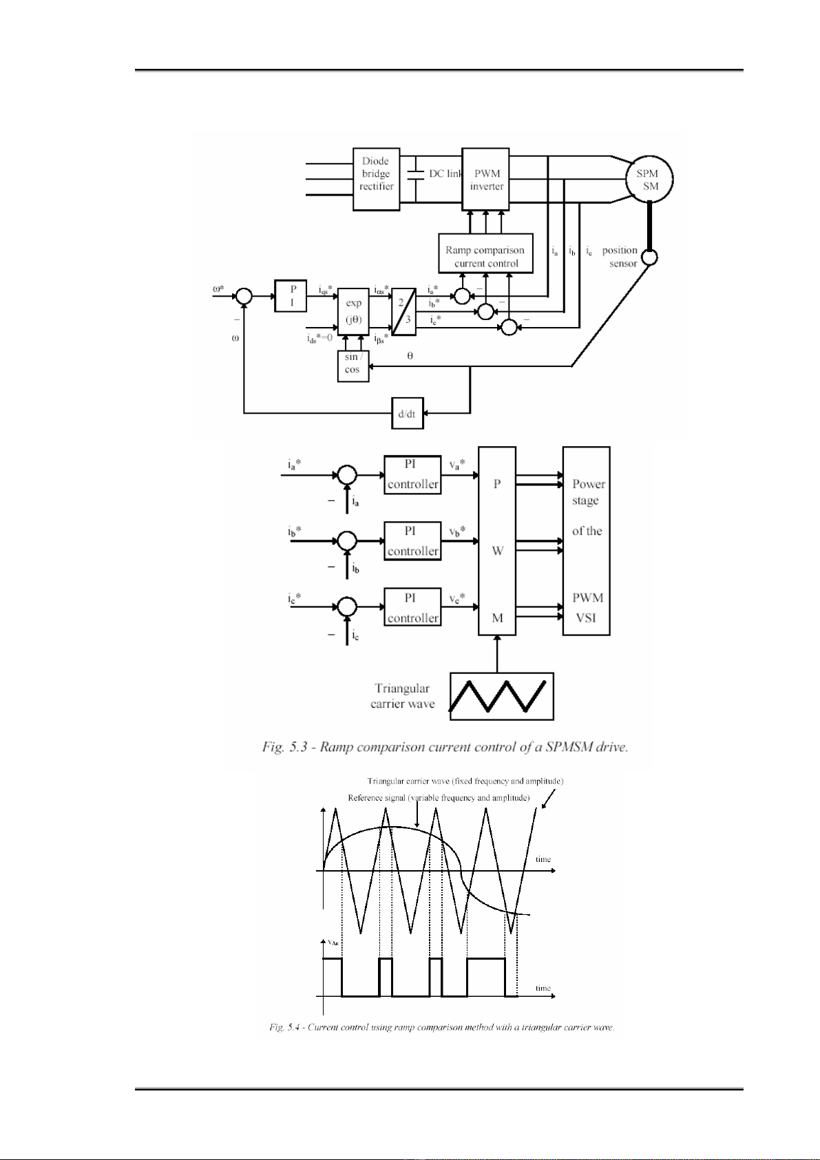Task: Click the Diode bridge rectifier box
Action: click(376, 179)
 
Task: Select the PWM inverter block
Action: click(485, 179)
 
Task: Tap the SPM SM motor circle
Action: click(649, 179)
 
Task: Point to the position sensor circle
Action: click(649, 257)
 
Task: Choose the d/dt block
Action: click(407, 413)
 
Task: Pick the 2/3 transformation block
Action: click(403, 312)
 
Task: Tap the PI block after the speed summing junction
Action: click(291, 296)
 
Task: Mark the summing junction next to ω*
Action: click(243, 296)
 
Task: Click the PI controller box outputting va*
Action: click(412, 475)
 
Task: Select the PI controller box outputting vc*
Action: click(412, 607)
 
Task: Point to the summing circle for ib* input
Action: click(348, 540)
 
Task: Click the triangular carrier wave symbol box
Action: click(501, 697)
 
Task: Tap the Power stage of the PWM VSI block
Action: click(586, 540)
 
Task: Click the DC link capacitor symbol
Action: click(415, 174)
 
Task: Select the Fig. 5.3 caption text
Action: click(445, 747)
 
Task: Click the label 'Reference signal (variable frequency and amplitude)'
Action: click(439, 798)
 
